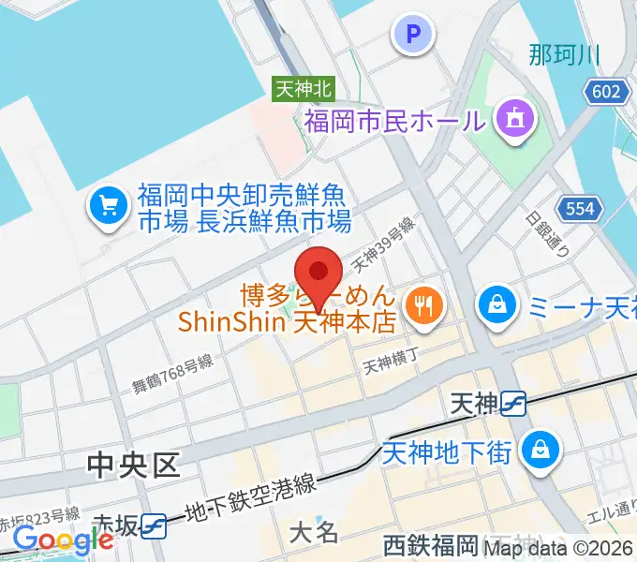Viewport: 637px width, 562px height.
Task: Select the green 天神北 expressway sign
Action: click(304, 89)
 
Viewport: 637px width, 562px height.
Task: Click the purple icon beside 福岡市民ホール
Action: click(514, 119)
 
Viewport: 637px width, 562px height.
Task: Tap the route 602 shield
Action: click(606, 91)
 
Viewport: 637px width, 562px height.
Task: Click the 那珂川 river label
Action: click(563, 54)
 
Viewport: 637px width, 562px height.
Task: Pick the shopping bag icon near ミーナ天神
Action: click(493, 304)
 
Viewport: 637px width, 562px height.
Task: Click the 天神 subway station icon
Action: click(512, 404)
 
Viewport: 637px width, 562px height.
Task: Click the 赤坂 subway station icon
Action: click(155, 526)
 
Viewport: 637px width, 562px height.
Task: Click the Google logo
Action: click(64, 540)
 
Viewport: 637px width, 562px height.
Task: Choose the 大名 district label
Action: click(314, 533)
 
